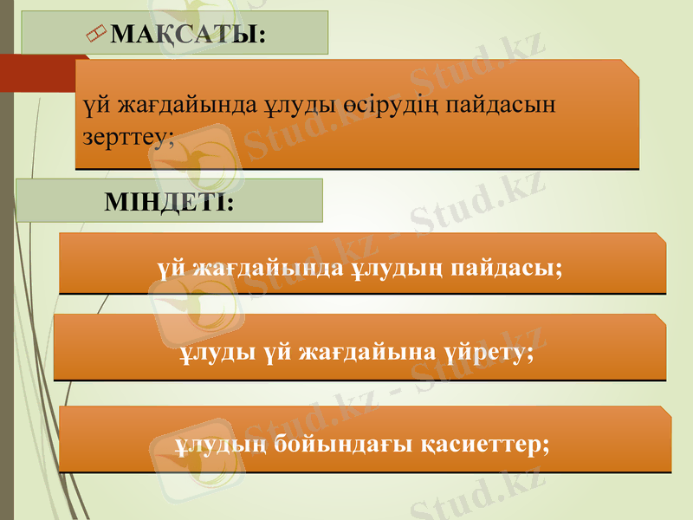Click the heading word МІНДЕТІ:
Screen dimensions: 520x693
(x=169, y=203)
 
